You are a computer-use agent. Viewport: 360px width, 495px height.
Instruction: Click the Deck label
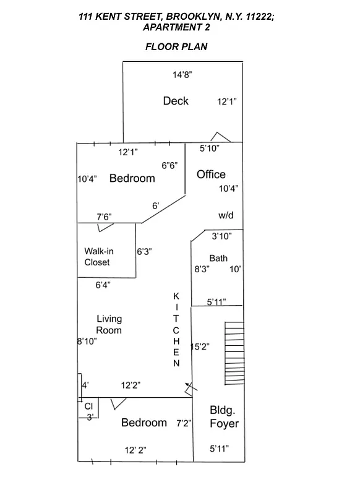tap(176, 101)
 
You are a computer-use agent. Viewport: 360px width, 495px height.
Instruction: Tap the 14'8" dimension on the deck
tap(182, 75)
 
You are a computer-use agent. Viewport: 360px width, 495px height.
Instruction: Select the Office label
tap(211, 174)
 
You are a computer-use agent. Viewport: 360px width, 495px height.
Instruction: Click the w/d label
tap(225, 215)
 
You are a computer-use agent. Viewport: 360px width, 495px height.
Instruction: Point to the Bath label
tap(218, 258)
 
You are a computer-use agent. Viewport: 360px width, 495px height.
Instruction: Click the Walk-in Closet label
tap(97, 257)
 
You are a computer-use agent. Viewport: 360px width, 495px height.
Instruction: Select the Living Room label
tap(109, 324)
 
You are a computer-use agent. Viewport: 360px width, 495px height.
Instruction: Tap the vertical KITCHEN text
tap(176, 330)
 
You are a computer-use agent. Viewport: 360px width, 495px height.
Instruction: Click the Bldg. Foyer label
tap(224, 418)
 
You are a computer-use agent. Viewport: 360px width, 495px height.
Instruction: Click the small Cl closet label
tap(88, 406)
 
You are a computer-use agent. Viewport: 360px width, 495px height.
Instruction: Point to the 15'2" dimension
tap(199, 347)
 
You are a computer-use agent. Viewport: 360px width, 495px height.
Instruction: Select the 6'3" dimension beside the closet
tap(144, 251)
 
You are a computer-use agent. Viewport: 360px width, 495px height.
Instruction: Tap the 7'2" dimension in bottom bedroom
tap(184, 423)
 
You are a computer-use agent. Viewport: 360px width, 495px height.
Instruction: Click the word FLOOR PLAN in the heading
tap(176, 46)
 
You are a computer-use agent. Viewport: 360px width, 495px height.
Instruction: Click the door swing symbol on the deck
tap(220, 137)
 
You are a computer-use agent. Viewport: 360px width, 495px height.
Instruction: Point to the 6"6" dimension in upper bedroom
tap(169, 165)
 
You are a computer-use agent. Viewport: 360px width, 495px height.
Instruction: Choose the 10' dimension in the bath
tap(235, 269)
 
